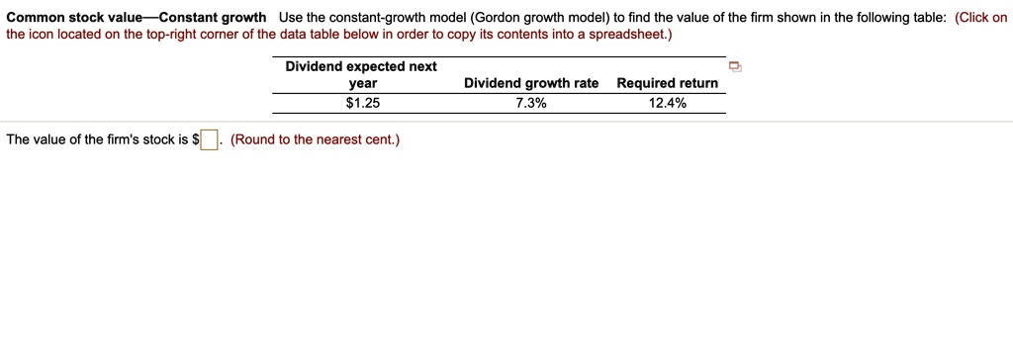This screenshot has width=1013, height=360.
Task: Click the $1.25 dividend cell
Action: click(x=362, y=103)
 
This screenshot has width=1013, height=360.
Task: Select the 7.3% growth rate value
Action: click(x=530, y=103)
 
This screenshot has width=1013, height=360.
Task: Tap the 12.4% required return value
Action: click(x=667, y=103)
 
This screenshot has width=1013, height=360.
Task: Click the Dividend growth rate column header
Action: click(x=531, y=83)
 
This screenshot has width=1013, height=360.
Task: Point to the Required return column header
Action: click(x=667, y=83)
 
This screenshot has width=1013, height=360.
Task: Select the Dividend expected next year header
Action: click(x=361, y=74)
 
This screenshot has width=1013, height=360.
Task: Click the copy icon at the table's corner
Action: click(x=734, y=67)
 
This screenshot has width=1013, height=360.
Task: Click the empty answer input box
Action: click(x=210, y=139)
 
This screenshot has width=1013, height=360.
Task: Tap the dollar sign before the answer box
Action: click(x=195, y=139)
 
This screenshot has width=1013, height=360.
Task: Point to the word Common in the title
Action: click(x=34, y=18)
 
